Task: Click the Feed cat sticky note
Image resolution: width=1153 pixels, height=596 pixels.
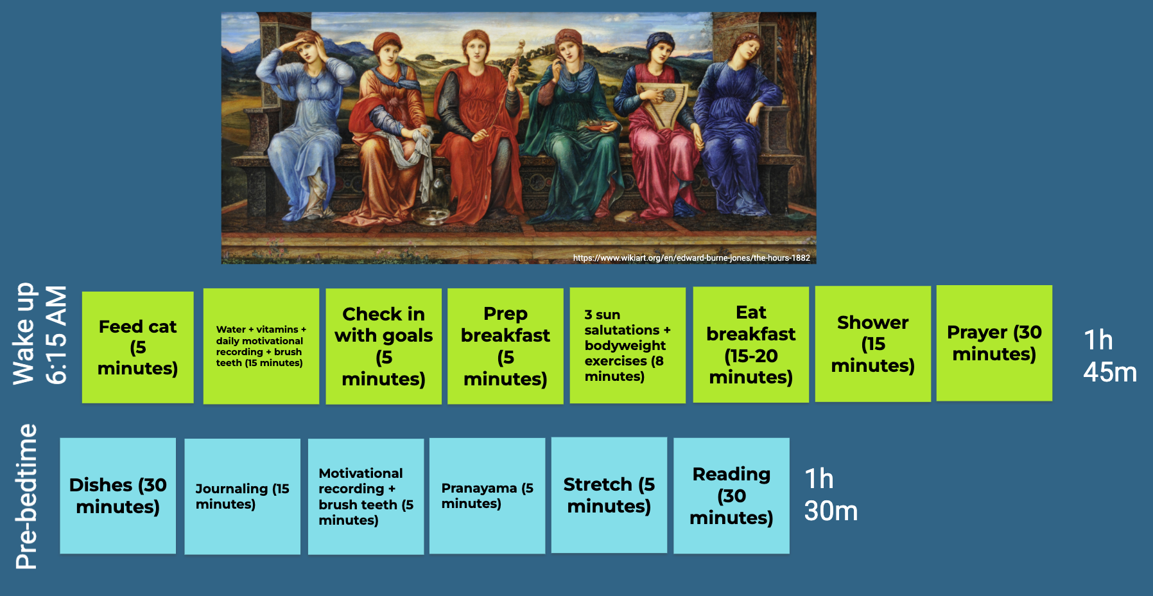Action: click(138, 347)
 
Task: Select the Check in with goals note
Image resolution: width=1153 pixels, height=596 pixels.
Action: click(383, 346)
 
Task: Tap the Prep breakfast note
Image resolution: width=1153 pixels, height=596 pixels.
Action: click(505, 346)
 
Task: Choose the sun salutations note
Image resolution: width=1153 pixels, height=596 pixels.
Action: click(628, 346)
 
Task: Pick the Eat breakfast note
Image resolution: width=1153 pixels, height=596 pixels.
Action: click(751, 345)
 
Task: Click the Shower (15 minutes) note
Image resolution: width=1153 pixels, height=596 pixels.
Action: click(873, 344)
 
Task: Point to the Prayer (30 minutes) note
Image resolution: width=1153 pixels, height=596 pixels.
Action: click(994, 344)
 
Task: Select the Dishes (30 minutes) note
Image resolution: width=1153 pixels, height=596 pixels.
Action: click(118, 496)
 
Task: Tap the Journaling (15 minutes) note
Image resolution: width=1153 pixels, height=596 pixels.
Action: click(243, 496)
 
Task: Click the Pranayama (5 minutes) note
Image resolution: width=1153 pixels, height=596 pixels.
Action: click(487, 496)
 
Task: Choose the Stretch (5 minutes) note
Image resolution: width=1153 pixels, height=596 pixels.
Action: click(609, 495)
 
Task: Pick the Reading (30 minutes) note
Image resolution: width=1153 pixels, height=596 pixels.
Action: click(732, 496)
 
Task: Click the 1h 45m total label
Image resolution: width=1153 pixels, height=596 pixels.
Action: click(1110, 356)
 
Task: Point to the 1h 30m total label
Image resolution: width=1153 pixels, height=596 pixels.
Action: click(831, 495)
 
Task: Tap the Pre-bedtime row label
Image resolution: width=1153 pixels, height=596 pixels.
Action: click(26, 496)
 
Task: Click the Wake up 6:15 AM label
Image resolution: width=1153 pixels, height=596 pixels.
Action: click(40, 334)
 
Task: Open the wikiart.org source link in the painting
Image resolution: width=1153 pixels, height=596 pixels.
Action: click(691, 258)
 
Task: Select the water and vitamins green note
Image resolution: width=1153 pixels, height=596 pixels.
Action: click(261, 346)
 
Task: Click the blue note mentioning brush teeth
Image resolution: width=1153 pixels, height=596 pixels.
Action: click(366, 496)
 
